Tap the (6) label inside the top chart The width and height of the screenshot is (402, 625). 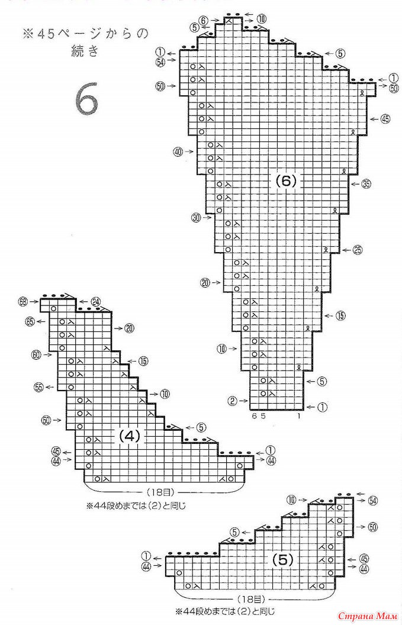tap(285, 182)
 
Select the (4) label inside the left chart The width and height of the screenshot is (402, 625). tap(129, 437)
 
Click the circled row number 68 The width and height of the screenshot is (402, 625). tap(23, 302)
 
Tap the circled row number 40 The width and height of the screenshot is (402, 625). tap(178, 152)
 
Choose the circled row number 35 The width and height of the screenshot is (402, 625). tap(366, 184)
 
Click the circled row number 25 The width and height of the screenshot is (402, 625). tap(357, 250)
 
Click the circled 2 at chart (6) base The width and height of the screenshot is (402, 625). tap(231, 401)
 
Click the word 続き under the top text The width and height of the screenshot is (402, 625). tap(81, 51)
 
